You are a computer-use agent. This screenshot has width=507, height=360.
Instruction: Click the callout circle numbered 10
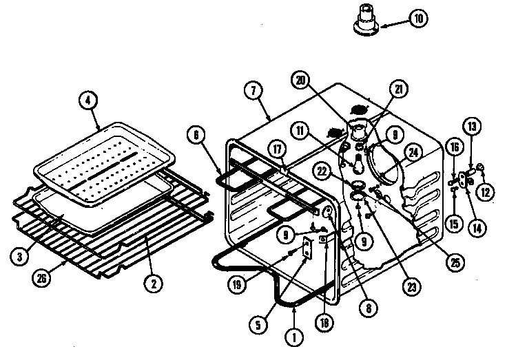[418, 19]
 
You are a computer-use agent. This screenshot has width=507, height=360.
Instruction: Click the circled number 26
[42, 279]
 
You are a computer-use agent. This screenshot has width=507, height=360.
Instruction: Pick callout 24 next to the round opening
[413, 153]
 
